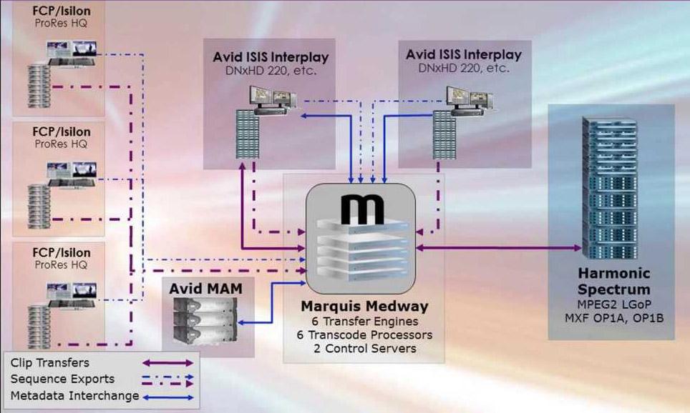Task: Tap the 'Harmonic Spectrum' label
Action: coord(613,282)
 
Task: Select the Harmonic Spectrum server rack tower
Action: coord(609,189)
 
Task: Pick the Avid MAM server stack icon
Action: coord(206,321)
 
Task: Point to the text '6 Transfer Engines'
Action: coord(365,322)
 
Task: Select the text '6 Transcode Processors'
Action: coord(365,335)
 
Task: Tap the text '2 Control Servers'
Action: coord(365,348)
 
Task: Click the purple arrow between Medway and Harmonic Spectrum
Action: coord(501,248)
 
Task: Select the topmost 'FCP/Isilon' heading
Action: coord(62,12)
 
